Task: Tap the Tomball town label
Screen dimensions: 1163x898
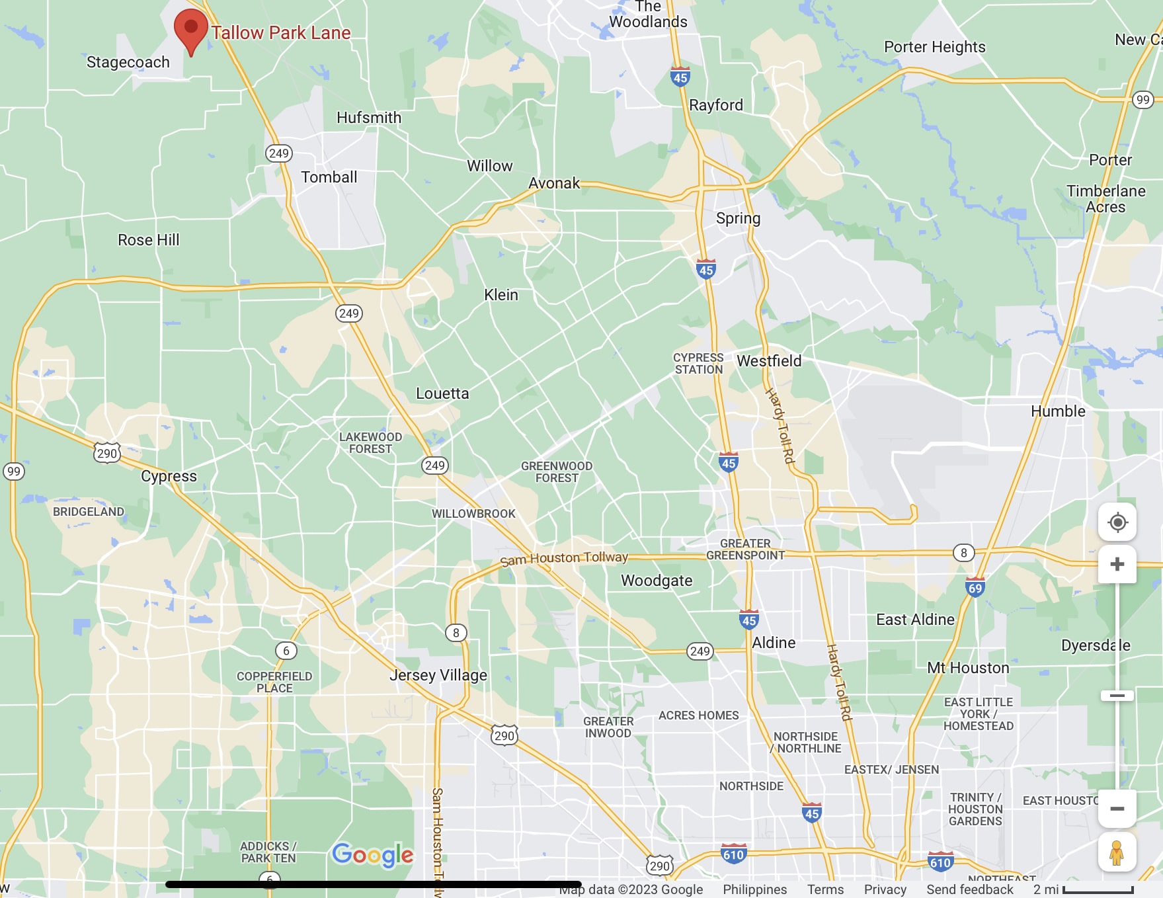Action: (x=329, y=177)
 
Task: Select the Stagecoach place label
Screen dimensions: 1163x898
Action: (x=128, y=62)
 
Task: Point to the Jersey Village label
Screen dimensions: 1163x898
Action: (x=438, y=675)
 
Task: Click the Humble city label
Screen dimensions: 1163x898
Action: (x=1058, y=411)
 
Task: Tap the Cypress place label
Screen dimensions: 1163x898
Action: (x=169, y=476)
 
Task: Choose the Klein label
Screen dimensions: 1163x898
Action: (x=501, y=295)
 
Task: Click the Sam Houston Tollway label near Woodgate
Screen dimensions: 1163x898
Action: (x=563, y=558)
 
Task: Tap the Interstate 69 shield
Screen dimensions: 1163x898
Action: (x=975, y=587)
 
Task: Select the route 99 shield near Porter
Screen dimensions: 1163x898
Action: (x=1143, y=100)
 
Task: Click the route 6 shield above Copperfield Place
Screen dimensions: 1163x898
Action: (x=286, y=651)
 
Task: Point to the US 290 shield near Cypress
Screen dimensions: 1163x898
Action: (x=106, y=453)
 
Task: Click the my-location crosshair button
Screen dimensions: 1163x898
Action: (x=1117, y=522)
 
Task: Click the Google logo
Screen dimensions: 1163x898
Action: (x=372, y=854)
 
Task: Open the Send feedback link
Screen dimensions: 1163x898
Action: (x=969, y=889)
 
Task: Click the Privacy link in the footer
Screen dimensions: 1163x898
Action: (x=885, y=889)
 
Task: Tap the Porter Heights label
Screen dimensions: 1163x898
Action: (x=934, y=47)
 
